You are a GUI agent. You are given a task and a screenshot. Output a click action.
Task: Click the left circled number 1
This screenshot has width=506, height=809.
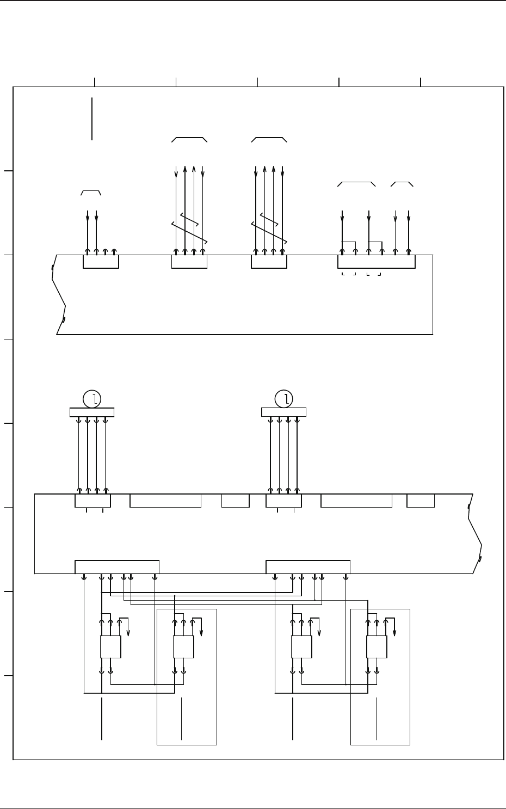pos(92,399)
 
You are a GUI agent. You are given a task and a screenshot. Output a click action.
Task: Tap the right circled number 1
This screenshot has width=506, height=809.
pos(283,399)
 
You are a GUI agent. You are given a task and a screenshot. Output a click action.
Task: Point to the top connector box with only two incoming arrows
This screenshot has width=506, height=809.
pos(101,262)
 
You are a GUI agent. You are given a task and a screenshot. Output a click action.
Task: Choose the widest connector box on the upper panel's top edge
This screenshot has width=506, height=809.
pos(376,262)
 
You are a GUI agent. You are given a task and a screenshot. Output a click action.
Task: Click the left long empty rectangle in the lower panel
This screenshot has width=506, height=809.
pos(165,501)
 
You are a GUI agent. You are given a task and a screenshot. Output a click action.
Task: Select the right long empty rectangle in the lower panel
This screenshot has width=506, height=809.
pos(356,501)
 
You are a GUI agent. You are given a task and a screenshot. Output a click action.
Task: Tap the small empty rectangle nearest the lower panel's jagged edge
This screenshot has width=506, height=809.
pos(421,501)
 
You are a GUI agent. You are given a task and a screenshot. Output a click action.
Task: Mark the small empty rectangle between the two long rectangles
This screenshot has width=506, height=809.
pos(236,501)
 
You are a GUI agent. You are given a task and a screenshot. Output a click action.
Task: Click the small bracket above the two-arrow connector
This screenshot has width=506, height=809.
pos(91,192)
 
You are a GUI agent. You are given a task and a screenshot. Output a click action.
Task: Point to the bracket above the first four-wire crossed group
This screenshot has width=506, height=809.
pos(189,139)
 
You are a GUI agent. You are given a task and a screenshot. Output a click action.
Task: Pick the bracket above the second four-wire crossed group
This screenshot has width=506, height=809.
pos(269,139)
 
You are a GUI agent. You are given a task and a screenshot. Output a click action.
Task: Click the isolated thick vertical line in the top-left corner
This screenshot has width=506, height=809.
pos(92,119)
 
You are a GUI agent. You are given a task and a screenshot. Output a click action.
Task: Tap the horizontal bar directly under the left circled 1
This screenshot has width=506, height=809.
pos(92,412)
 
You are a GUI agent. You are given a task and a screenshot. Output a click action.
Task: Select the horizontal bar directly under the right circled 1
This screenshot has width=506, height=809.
pos(283,412)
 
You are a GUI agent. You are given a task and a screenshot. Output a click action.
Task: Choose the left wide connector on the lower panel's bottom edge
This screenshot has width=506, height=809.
pos(117,566)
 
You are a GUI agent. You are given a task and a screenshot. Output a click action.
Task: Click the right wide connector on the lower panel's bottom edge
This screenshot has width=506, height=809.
pos(308,566)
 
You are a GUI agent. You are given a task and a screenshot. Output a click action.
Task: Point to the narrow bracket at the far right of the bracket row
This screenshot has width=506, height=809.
pos(402,183)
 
